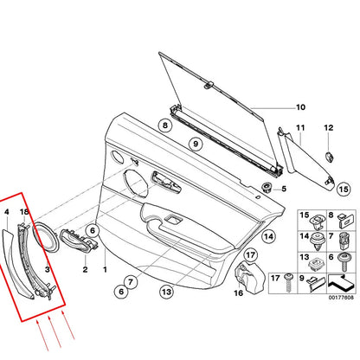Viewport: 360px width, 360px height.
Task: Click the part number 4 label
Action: (7, 210)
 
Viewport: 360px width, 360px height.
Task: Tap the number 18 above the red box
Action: (24, 210)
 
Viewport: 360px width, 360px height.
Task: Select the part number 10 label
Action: (276, 107)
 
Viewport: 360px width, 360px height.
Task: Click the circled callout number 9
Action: (195, 143)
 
